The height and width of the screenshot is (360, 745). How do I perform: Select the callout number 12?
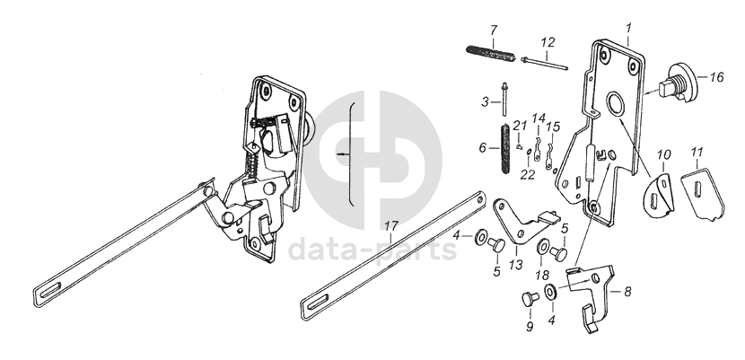548,42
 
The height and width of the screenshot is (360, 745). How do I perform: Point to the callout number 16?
716,78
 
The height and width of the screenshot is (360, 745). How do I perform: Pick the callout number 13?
514,265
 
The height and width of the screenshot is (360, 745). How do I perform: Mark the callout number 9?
530,327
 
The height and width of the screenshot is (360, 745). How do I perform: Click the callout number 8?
627,290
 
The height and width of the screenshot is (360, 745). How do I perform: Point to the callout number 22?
529,176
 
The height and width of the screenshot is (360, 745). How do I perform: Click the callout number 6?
482,147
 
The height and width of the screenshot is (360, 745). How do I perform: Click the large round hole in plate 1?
618,104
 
